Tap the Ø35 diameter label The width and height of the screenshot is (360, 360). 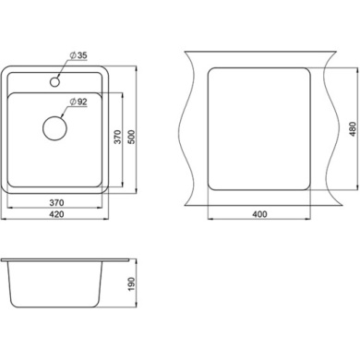click(x=78, y=55)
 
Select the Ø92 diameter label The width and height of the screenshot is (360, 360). click(x=78, y=102)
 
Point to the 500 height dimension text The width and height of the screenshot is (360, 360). click(x=131, y=137)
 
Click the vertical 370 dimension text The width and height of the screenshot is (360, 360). click(x=117, y=137)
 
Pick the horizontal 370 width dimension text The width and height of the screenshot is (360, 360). click(x=56, y=202)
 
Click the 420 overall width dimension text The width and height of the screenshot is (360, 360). click(x=56, y=214)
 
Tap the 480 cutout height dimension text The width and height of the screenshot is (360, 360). click(x=353, y=129)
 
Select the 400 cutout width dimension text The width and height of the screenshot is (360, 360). click(x=259, y=214)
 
